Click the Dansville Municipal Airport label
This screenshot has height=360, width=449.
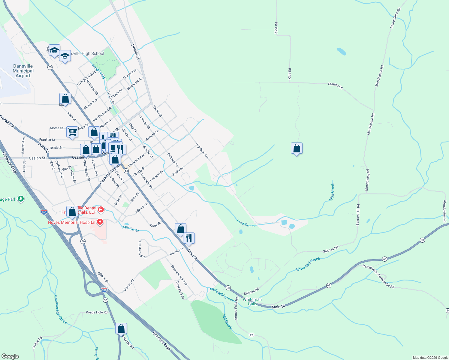click(x=23, y=71)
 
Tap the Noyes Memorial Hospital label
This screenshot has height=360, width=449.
click(x=72, y=222)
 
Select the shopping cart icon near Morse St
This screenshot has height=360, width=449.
click(x=72, y=132)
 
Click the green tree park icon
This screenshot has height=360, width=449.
click(x=21, y=199)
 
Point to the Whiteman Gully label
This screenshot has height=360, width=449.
click(x=252, y=301)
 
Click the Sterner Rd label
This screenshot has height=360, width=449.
click(x=335, y=86)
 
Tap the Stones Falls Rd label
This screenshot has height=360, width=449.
click(x=236, y=308)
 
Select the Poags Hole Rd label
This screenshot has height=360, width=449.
click(x=97, y=312)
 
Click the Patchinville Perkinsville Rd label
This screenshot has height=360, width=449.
click(x=378, y=276)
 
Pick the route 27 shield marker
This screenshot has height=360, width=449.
click(x=252, y=335)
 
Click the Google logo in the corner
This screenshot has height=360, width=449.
click(x=10, y=356)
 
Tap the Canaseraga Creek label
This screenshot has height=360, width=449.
click(x=60, y=309)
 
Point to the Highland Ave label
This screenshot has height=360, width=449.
click(x=202, y=151)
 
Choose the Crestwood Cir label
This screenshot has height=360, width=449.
click(x=142, y=250)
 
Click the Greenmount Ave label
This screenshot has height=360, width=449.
click(x=179, y=275)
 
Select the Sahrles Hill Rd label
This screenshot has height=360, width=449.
click(x=358, y=214)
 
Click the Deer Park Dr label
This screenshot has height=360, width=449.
click(x=180, y=290)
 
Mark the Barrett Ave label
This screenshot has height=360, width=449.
click(x=23, y=144)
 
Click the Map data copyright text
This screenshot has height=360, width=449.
click(x=430, y=358)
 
